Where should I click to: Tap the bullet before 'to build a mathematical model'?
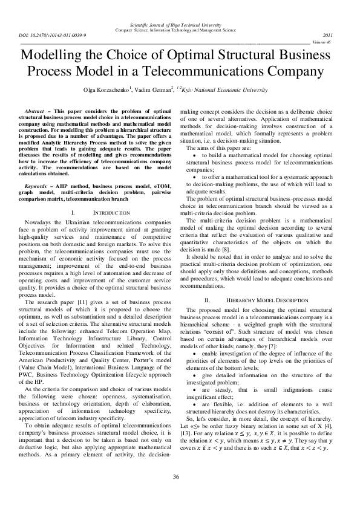pos(193,155)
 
